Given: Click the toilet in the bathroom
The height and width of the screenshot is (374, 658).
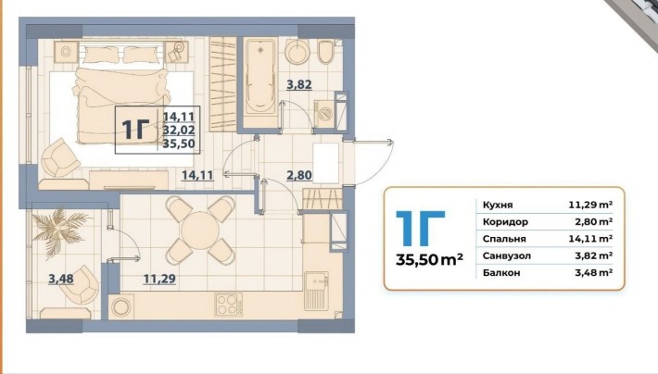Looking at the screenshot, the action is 325,53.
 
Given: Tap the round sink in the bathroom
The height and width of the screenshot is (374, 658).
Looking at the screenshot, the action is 297,53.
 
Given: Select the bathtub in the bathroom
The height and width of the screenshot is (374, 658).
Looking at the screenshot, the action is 260,76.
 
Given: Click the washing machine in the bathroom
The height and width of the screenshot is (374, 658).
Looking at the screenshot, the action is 324,112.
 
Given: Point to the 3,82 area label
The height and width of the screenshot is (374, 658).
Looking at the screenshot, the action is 299,84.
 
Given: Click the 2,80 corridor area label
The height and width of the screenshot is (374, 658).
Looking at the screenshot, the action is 299,175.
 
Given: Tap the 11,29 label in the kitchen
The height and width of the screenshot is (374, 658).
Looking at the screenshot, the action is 159,279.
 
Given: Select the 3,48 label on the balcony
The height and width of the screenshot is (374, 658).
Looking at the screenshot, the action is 61,279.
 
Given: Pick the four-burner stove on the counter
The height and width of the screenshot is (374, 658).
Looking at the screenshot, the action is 229,305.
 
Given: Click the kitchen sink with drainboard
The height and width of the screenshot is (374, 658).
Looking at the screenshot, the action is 316,291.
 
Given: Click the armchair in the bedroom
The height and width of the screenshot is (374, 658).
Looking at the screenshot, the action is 61,157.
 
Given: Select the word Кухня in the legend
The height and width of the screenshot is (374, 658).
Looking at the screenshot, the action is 498,205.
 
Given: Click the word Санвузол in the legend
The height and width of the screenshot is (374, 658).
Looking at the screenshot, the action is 507,256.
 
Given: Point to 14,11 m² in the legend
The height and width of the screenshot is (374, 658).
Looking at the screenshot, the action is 590,239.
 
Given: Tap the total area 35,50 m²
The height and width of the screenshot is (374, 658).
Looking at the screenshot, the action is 429,259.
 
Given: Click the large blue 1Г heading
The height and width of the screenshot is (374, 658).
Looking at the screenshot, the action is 421,228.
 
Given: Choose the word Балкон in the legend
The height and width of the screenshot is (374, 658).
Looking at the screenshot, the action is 501,272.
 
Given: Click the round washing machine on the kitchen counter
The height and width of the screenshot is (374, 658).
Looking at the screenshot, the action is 121,306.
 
